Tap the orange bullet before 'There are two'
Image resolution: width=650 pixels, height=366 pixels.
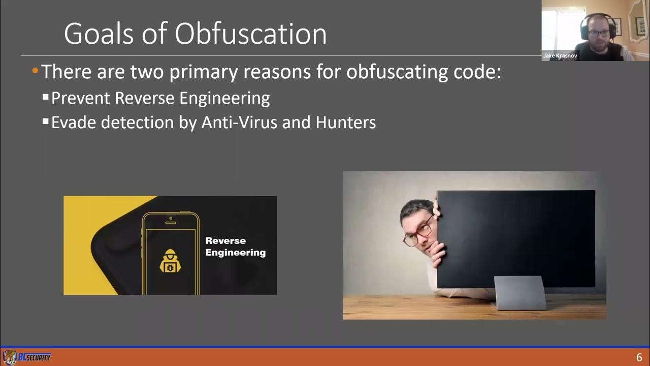point(35,71)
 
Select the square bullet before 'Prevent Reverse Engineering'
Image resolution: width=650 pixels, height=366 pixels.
point(46,96)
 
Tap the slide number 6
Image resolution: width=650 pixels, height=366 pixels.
point(639,357)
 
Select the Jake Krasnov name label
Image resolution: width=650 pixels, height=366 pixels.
point(560,56)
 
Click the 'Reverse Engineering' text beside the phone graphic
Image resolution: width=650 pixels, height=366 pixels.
point(235,247)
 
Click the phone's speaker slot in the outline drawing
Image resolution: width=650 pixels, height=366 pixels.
point(171,218)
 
